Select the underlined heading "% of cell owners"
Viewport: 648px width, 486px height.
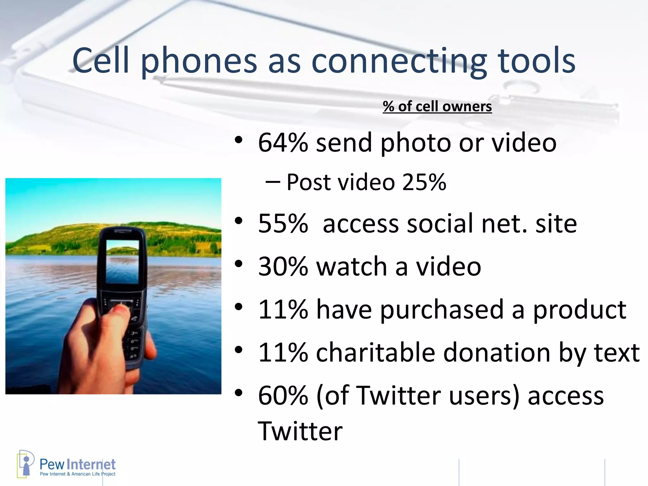437,107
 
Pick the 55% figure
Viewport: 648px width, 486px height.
283,224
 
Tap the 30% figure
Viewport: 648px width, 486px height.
283,266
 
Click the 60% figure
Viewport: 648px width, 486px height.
283,396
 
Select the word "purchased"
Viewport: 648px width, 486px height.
442,310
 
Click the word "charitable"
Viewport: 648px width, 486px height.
376,352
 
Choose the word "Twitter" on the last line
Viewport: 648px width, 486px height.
300,431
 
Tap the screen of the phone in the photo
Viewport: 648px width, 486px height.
122,262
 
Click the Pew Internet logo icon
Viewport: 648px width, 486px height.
25,464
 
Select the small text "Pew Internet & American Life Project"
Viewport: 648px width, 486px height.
78,474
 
